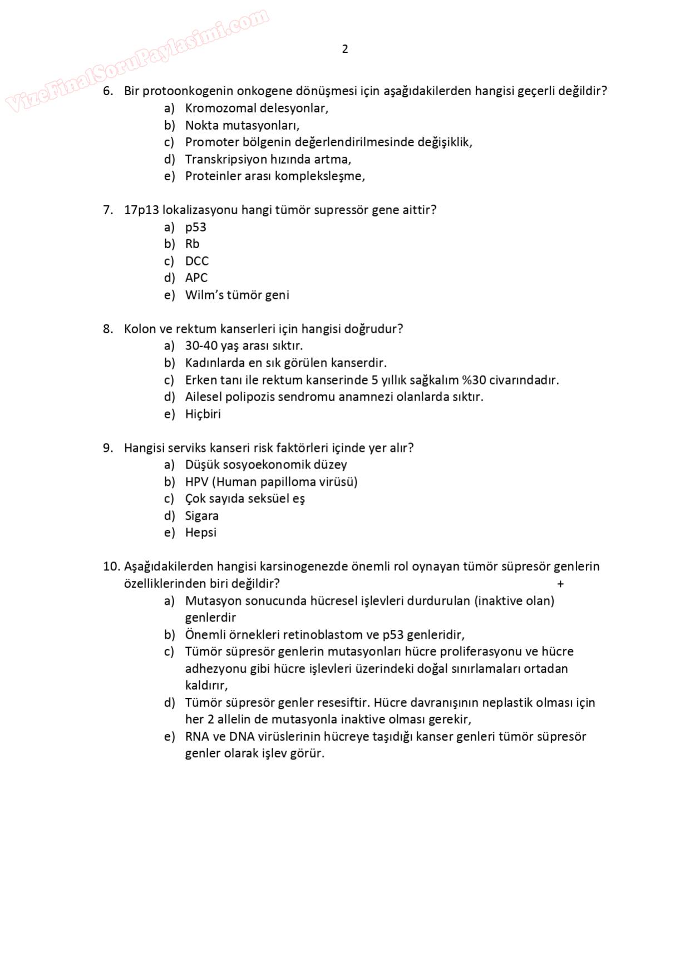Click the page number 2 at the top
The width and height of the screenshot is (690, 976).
coord(345,49)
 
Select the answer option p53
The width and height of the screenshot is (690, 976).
coord(195,227)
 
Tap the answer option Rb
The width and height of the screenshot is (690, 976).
coord(192,244)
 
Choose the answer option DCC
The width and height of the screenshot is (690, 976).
coord(196,261)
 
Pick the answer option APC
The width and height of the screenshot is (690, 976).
coord(196,278)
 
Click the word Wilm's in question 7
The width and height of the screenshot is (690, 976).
coord(204,295)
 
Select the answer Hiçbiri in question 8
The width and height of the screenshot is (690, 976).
coord(203,414)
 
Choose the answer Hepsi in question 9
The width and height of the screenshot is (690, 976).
coord(200,533)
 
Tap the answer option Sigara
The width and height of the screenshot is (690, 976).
coord(201,516)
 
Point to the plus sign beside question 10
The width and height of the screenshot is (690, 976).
coord(560,584)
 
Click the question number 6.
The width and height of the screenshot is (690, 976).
coord(108,91)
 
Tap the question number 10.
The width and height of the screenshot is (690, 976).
coord(111,566)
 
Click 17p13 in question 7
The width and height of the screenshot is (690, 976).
coord(141,210)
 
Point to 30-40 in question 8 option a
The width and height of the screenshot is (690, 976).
coord(201,346)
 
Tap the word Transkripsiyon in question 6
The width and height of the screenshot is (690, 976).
coord(226,159)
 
